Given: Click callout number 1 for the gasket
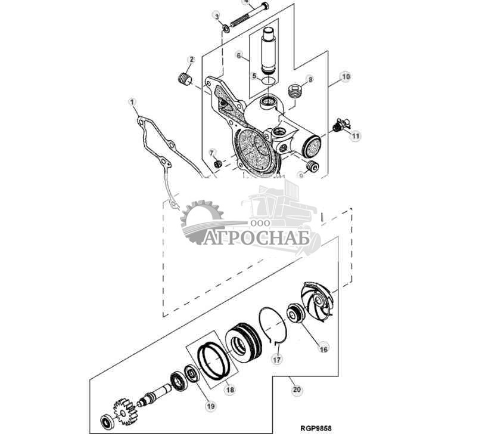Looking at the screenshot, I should click(x=133, y=103).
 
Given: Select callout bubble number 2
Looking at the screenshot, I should click(x=192, y=60).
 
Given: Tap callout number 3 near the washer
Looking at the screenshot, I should click(x=217, y=16).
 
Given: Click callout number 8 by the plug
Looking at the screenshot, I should click(x=309, y=79).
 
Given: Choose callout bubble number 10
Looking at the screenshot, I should click(x=345, y=76).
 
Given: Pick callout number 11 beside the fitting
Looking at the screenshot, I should click(x=355, y=137).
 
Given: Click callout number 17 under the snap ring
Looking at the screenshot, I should click(x=277, y=360).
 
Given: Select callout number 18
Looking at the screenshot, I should click(x=230, y=390).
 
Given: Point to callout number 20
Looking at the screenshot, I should click(x=297, y=390).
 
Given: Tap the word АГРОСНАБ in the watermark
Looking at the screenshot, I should click(x=256, y=238).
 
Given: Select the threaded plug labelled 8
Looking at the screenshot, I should click(x=294, y=91).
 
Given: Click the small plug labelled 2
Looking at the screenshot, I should click(x=185, y=79).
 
